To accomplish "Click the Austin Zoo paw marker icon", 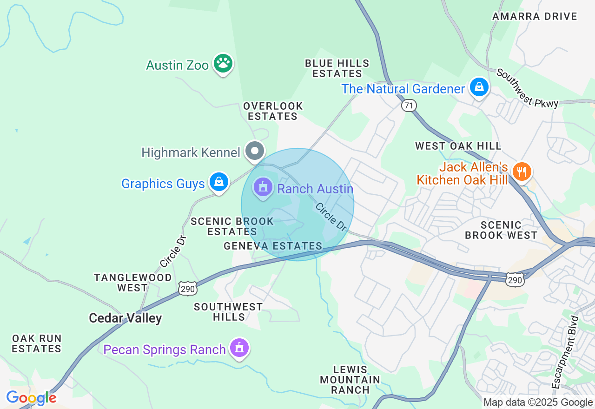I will pos(223,64).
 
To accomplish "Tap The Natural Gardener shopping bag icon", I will pos(479,87).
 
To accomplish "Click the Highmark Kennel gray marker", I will pos(255,151).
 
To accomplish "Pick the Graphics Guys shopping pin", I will pos(218,182).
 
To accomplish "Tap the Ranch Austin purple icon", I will pos(263,188).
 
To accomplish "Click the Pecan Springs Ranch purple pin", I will pos(239,348).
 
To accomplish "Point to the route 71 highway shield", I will pos(409,106).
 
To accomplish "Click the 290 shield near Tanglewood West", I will pos(188,289).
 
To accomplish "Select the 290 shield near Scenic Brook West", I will pos(515,279).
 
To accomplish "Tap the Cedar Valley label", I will pos(126,318).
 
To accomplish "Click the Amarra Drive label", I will pos(535,17).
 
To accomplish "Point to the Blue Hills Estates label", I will pos(337,68).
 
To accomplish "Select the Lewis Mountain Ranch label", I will pos(350,380).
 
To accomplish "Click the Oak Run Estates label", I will pos(37,343).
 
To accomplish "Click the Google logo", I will pos(31,398).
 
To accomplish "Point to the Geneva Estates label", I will pos(273,246).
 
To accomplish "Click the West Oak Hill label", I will pos(458,146).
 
